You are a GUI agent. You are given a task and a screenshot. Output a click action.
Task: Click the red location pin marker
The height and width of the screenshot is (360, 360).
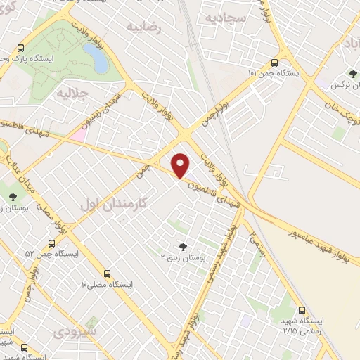point(181,165)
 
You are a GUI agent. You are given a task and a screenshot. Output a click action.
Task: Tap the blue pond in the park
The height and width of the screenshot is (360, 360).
point(99,62)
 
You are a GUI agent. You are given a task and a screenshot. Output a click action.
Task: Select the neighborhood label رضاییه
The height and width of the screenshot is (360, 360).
point(143,27)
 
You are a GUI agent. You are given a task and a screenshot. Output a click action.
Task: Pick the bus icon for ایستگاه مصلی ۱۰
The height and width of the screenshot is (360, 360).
point(107,274)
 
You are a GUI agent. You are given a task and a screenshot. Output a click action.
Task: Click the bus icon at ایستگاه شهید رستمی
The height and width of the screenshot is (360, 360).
point(302,309)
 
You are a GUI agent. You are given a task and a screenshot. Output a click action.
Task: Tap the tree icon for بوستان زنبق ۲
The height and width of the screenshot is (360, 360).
point(184,247)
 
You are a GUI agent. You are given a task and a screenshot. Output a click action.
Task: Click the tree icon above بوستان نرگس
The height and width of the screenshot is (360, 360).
point(352,72)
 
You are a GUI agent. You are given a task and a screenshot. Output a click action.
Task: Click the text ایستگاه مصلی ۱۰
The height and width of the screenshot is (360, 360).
point(107,285)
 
